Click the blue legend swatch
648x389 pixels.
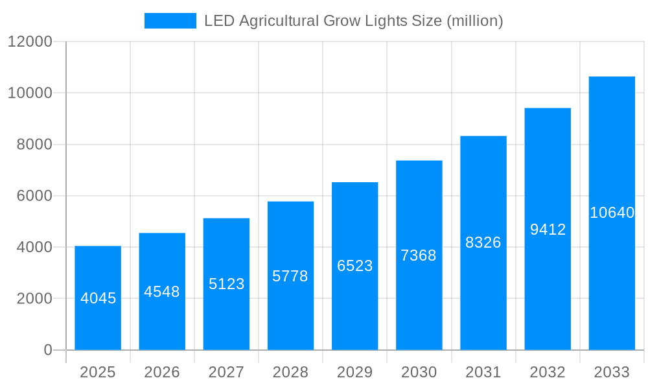[170, 21]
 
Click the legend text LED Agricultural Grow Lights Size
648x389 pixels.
[353, 21]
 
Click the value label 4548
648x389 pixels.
[162, 292]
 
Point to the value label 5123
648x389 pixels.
[226, 284]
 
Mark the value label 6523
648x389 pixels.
[354, 266]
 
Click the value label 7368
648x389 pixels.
[419, 255]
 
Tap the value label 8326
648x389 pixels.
[483, 242]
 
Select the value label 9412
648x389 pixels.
[548, 230]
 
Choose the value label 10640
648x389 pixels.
[612, 213]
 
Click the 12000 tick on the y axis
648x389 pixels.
[29, 41]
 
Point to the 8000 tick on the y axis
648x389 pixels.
[34, 145]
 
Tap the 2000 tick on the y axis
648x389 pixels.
[34, 299]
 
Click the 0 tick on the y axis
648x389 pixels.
[48, 350]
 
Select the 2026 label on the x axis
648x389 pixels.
[162, 372]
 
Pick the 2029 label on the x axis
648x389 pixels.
[354, 372]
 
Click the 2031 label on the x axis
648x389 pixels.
[483, 372]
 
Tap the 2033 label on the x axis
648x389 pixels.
[612, 372]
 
